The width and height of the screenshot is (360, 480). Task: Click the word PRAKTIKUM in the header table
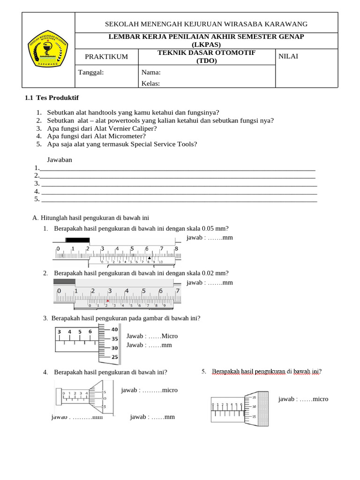click(x=106, y=57)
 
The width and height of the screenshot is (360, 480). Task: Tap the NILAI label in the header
click(x=288, y=56)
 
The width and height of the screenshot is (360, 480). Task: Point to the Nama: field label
click(x=151, y=72)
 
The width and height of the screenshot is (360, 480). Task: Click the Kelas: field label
click(x=150, y=83)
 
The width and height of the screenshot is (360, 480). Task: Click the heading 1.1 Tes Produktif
click(x=52, y=97)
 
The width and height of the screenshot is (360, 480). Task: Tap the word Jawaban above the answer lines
click(x=60, y=160)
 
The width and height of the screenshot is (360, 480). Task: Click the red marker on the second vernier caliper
click(x=108, y=300)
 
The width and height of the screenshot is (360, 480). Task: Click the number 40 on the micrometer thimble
click(x=114, y=330)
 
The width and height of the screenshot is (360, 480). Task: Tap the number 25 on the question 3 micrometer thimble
click(x=114, y=357)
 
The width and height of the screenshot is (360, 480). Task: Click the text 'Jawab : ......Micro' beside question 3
click(x=152, y=336)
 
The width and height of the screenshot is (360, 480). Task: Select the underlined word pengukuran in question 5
click(x=267, y=372)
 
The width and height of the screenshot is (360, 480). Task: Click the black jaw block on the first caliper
click(x=77, y=240)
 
